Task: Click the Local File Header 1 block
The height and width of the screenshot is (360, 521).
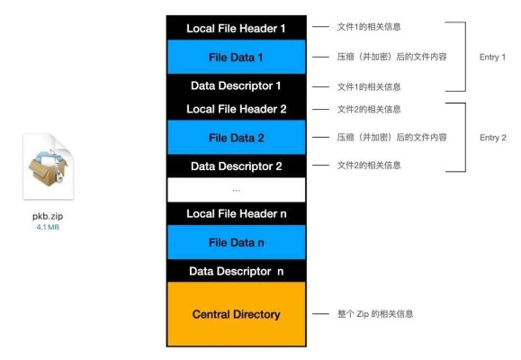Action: tap(236, 28)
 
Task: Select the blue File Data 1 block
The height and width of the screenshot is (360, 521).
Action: tap(236, 57)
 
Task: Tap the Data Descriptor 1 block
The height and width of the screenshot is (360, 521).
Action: tap(236, 86)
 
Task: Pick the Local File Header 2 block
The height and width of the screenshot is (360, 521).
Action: tap(236, 109)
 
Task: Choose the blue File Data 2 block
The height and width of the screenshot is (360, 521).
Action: tap(236, 138)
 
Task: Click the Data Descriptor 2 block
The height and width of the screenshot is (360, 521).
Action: tap(236, 166)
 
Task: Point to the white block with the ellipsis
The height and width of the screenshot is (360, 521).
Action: tap(236, 190)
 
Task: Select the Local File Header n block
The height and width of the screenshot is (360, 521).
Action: tap(236, 213)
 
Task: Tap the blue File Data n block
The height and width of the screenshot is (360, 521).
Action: tap(236, 242)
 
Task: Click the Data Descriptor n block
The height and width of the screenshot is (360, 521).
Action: tap(236, 271)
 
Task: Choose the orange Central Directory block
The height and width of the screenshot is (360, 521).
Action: tap(236, 314)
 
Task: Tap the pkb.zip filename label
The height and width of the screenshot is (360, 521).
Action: tap(48, 216)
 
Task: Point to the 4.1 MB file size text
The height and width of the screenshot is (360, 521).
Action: tap(48, 227)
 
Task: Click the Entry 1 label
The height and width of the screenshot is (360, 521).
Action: tap(492, 57)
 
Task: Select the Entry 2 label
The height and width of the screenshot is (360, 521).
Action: tap(492, 138)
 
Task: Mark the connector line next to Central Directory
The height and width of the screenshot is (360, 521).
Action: tap(319, 314)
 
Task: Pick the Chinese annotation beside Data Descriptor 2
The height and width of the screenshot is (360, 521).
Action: tap(368, 166)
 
